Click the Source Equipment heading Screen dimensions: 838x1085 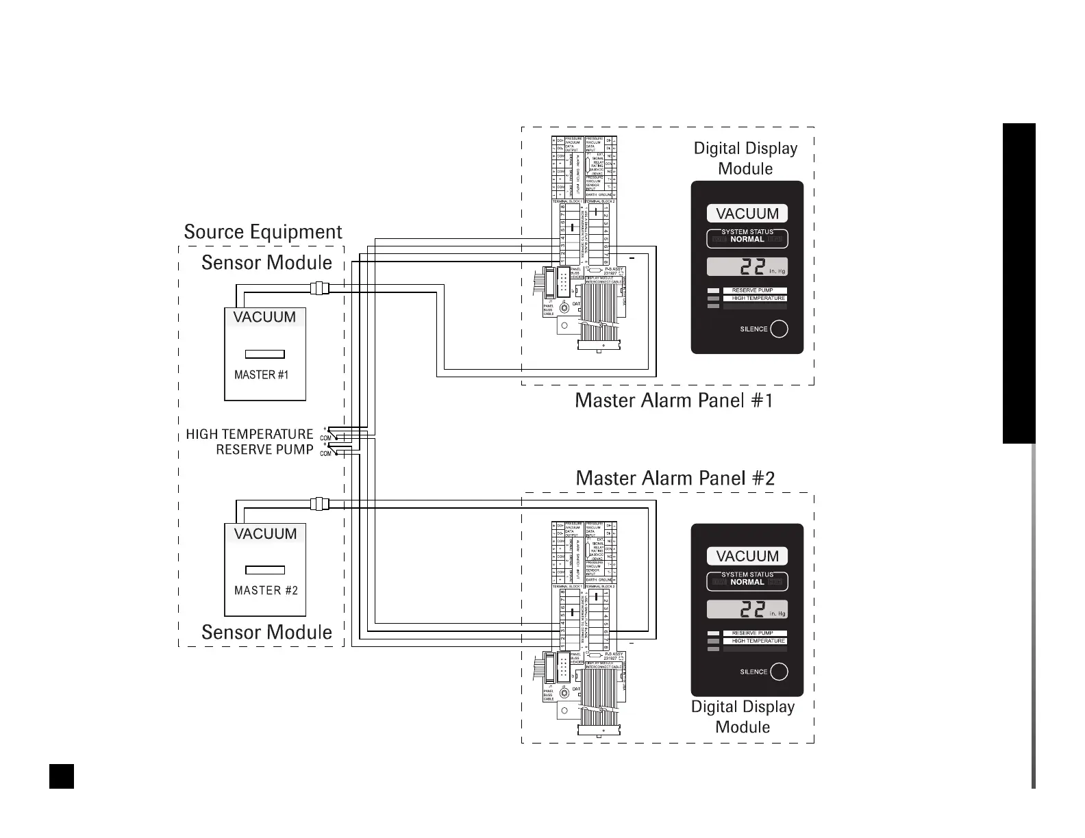[263, 232]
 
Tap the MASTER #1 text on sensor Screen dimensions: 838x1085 [261, 375]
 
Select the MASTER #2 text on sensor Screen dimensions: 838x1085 [266, 590]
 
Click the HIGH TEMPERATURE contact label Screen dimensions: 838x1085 [249, 434]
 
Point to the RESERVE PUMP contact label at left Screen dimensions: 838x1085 [264, 450]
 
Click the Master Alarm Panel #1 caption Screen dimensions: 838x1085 [674, 401]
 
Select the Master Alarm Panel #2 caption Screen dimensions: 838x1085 [675, 478]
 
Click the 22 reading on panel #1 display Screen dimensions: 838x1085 [743, 268]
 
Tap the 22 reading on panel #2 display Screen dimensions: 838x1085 [743, 610]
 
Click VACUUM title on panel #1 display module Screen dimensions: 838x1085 [747, 214]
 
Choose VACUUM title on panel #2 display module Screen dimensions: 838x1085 [747, 556]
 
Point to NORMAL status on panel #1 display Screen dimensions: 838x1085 [747, 240]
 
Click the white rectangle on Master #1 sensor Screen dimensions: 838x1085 [265, 354]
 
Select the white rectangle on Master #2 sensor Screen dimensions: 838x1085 [265, 570]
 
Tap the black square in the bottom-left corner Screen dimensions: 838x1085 [62, 776]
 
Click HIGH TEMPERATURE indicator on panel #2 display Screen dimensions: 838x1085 [758, 641]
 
